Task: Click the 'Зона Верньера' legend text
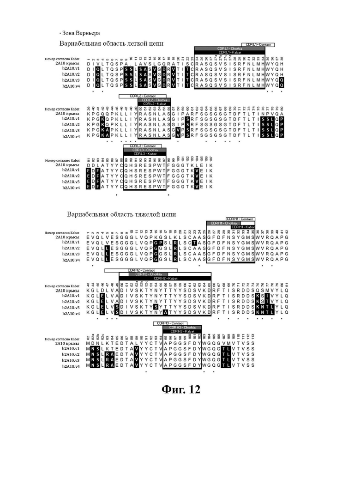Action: pyautogui.click(x=80, y=33)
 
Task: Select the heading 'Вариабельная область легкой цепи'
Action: pyautogui.click(x=111, y=43)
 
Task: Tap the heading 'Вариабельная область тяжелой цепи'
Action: pyautogui.click(x=121, y=214)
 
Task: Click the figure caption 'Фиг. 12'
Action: pyautogui.click(x=181, y=389)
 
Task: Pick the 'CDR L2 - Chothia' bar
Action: pyautogui.click(x=155, y=100)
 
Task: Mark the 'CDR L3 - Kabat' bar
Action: pyautogui.click(x=144, y=153)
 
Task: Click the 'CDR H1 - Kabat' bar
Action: pyautogui.click(x=243, y=227)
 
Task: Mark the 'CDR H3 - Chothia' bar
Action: pyautogui.click(x=182, y=327)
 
